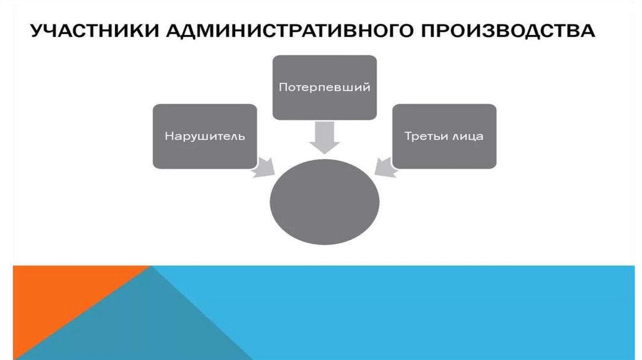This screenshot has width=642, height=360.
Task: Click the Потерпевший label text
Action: pyautogui.click(x=325, y=87)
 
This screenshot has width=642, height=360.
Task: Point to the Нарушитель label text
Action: pyautogui.click(x=204, y=136)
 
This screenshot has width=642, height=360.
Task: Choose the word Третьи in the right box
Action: pyautogui.click(x=424, y=136)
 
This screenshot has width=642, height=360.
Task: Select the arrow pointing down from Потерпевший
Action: pyautogui.click(x=325, y=136)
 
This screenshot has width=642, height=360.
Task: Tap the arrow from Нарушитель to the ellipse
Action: pyautogui.click(x=264, y=166)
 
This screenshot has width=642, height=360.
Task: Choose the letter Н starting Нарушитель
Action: pyautogui.click(x=168, y=136)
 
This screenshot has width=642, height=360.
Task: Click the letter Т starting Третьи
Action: pyautogui.click(x=407, y=136)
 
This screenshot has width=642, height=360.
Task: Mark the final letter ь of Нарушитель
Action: pyautogui.click(x=241, y=136)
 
